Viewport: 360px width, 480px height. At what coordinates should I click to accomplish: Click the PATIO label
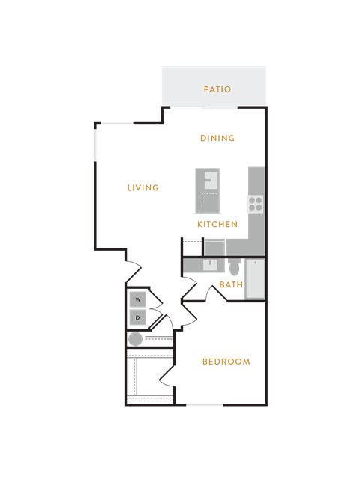point(217,89)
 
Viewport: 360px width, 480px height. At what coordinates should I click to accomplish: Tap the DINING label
point(217,138)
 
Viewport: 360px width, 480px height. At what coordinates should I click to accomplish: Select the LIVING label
point(143,187)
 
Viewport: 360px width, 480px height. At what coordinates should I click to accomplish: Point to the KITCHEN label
point(217,224)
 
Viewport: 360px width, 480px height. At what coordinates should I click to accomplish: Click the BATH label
point(231,284)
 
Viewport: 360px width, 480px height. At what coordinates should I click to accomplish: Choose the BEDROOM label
point(226,361)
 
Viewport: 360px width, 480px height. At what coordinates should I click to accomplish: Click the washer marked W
point(138,299)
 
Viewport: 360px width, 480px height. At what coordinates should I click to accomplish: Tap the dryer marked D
point(138,317)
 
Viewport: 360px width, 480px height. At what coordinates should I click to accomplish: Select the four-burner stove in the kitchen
point(256,204)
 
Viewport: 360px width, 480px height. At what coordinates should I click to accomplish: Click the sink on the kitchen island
point(211,180)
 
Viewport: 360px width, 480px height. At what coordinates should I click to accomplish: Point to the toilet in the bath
point(235,267)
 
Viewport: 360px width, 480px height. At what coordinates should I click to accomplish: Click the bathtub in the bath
point(255,278)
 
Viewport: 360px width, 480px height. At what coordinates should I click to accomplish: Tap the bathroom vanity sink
point(210,265)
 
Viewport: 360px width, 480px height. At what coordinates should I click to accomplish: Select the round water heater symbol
point(135,339)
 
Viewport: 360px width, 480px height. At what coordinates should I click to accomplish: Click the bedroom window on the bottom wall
point(205,405)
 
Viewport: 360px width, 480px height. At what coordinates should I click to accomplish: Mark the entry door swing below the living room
point(133,271)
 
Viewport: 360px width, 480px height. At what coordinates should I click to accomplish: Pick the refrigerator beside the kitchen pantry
point(214,247)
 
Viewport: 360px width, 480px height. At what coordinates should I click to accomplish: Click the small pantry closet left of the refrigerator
point(192,247)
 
